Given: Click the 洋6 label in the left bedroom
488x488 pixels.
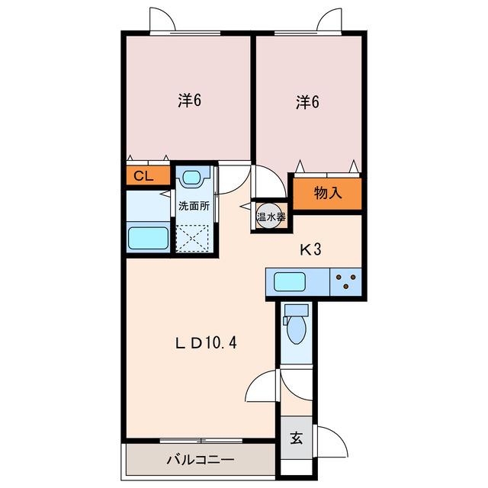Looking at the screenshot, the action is (190, 100).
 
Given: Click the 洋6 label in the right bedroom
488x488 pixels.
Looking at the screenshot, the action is (307, 102).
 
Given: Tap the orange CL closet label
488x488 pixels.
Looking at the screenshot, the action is (143, 176).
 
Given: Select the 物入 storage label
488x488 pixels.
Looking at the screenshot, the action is (328, 193).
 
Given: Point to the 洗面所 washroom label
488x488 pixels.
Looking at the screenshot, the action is (194, 206).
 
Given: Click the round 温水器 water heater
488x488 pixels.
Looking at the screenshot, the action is (271, 216).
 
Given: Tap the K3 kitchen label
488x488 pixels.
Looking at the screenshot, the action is (310, 249).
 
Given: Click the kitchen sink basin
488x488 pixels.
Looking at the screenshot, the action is (290, 282).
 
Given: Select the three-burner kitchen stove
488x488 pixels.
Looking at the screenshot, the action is (345, 282).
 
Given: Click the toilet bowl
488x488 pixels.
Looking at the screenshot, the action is (297, 329).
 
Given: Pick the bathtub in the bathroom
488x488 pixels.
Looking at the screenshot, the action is (149, 238).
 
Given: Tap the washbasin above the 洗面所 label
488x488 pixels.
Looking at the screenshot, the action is (191, 178).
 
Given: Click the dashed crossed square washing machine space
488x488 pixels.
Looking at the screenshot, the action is (192, 237).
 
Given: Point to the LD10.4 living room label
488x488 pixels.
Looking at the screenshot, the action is (206, 343).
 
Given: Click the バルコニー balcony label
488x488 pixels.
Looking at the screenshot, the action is (201, 460).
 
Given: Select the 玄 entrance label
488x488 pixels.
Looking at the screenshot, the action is (297, 438).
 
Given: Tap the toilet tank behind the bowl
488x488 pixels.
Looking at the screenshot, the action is (297, 310).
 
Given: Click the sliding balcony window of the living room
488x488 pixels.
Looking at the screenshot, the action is (201, 441).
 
